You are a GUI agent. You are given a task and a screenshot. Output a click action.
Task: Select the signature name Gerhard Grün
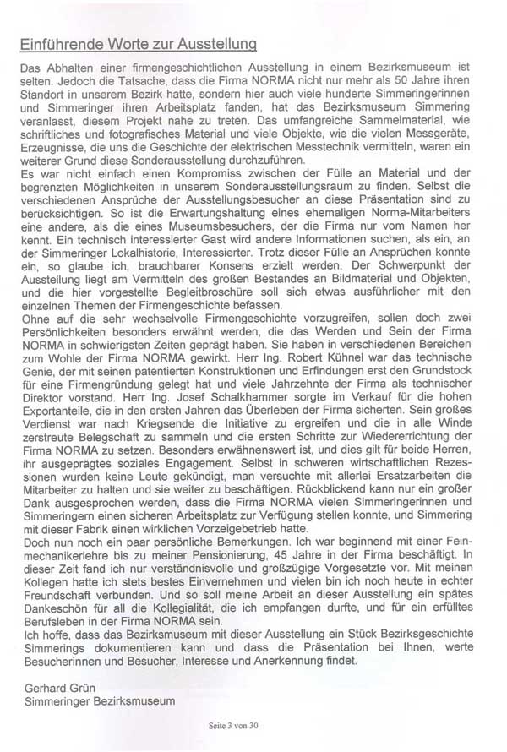click(52, 687)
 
